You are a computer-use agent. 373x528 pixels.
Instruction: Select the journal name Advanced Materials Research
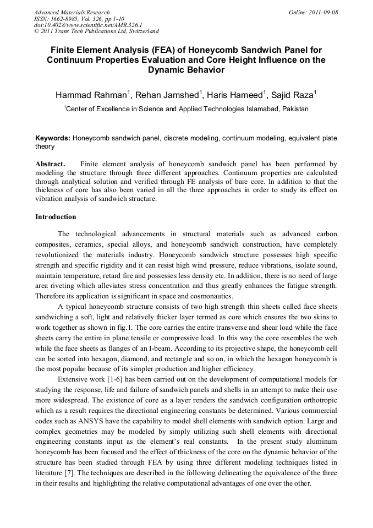click(72, 12)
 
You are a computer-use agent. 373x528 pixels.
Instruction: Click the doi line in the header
click(88, 25)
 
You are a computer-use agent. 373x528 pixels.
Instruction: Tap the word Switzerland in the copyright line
click(140, 31)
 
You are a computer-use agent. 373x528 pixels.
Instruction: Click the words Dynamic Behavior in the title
click(186, 70)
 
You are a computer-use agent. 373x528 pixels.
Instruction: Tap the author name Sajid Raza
click(295, 95)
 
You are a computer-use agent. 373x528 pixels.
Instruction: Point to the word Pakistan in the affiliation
click(295, 109)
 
